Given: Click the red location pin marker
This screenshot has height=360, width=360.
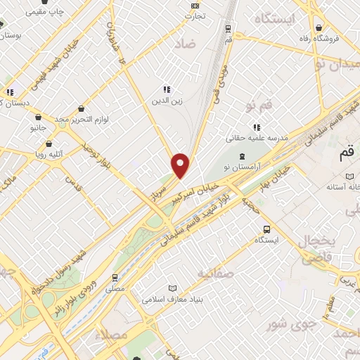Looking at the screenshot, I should [181, 165].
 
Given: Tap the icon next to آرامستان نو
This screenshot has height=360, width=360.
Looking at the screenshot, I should [243, 156].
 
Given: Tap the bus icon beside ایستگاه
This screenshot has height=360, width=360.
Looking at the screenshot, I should [266, 229].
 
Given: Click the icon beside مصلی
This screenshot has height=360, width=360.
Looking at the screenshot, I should [115, 278].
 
